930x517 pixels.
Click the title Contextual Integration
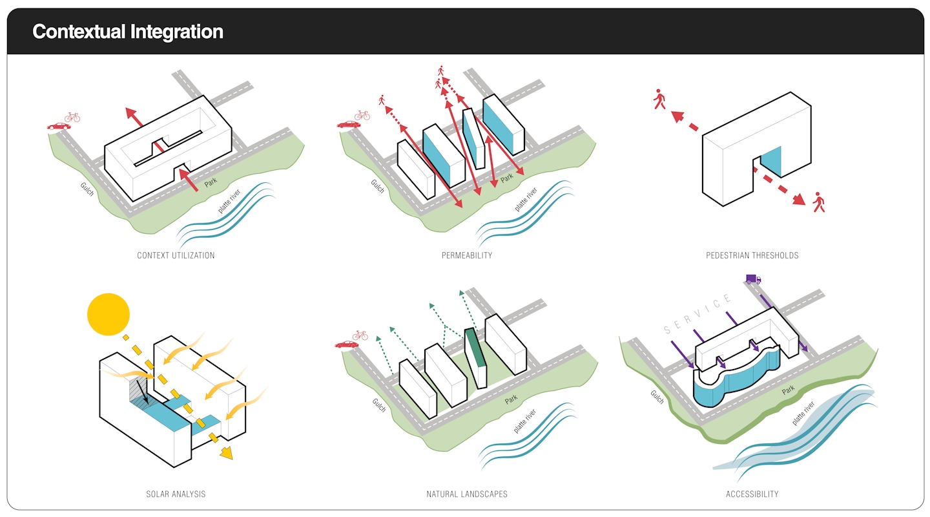[x=128, y=32]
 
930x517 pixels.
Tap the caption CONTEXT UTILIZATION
[x=176, y=255]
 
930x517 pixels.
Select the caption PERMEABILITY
[x=466, y=255]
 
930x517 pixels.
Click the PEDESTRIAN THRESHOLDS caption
[x=752, y=255]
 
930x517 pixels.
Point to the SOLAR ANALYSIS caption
[x=176, y=494]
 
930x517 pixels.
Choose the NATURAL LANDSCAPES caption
[x=466, y=494]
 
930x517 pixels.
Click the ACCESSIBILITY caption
[x=752, y=494]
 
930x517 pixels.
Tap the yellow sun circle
[x=108, y=315]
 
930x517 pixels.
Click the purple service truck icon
[x=753, y=279]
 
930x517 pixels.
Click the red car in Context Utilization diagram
[x=59, y=126]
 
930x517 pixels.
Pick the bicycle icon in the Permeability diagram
[x=362, y=115]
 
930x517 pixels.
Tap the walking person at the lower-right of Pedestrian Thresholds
[x=819, y=202]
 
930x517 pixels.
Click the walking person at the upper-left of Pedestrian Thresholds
[x=659, y=99]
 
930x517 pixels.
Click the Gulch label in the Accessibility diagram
[x=657, y=397]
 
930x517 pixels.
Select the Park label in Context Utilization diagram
[x=211, y=184]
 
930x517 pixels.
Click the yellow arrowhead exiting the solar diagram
[x=225, y=453]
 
